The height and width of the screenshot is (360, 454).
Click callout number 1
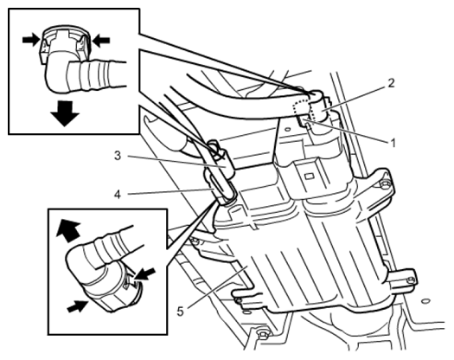pyautogui.click(x=393, y=143)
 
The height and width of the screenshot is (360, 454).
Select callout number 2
pyautogui.click(x=391, y=83)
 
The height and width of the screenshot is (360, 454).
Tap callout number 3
pyautogui.click(x=118, y=156)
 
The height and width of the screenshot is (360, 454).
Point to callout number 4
pyautogui.click(x=118, y=195)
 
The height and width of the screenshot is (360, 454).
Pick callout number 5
pyautogui.click(x=181, y=312)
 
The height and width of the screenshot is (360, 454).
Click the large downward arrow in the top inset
pyautogui.click(x=65, y=113)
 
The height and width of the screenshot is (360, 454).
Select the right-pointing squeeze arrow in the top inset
pyautogui.click(x=31, y=40)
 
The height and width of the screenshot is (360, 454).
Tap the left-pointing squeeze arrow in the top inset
pyautogui.click(x=101, y=40)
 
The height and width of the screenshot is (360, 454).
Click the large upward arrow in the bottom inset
pyautogui.click(x=68, y=230)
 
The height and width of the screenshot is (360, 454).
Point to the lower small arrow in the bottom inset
pyautogui.click(x=78, y=306)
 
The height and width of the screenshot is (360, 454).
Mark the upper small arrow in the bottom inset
pyautogui.click(x=145, y=274)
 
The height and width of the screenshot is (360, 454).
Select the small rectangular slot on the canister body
pyautogui.click(x=310, y=176)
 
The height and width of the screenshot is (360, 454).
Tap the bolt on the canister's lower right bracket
pyautogui.click(x=411, y=280)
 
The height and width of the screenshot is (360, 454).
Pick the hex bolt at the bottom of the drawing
pyautogui.click(x=262, y=335)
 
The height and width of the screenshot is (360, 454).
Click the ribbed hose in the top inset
pyautogui.click(x=96, y=75)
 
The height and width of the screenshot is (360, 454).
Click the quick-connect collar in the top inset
pyautogui.click(x=64, y=43)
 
